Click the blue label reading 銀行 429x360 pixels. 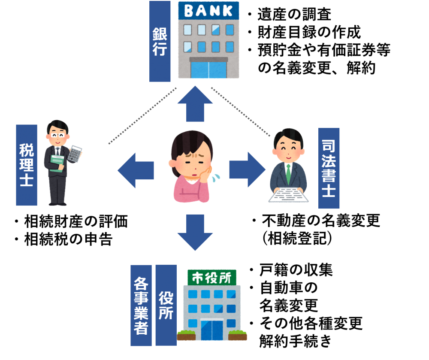tap(160, 41)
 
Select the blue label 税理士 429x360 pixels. tap(27, 165)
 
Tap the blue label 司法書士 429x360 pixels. tap(329, 168)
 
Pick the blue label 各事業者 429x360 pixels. tap(141, 305)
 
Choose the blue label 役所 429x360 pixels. tap(166, 305)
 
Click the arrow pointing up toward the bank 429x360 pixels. tap(195, 103)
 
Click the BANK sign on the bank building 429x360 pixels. tap(208, 10)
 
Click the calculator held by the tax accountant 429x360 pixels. tap(75, 154)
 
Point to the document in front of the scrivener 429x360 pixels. tap(288, 196)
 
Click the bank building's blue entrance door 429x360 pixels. tap(208, 70)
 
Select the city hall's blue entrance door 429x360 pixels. tap(212, 330)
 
